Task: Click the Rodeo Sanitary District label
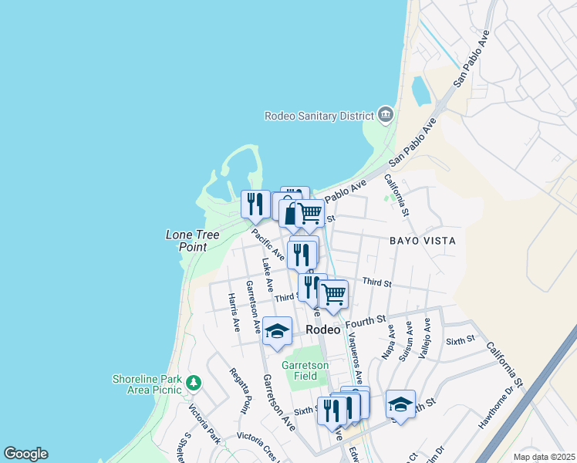(319, 116)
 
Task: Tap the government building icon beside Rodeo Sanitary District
(385, 116)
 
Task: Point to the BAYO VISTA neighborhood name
(422, 241)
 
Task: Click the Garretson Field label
(305, 370)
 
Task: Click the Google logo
(25, 454)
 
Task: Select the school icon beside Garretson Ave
(277, 331)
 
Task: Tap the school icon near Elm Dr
(400, 404)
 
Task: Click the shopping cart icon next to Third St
(333, 293)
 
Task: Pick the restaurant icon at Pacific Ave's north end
(255, 204)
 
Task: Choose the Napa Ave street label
(388, 342)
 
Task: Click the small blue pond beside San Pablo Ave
(421, 90)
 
